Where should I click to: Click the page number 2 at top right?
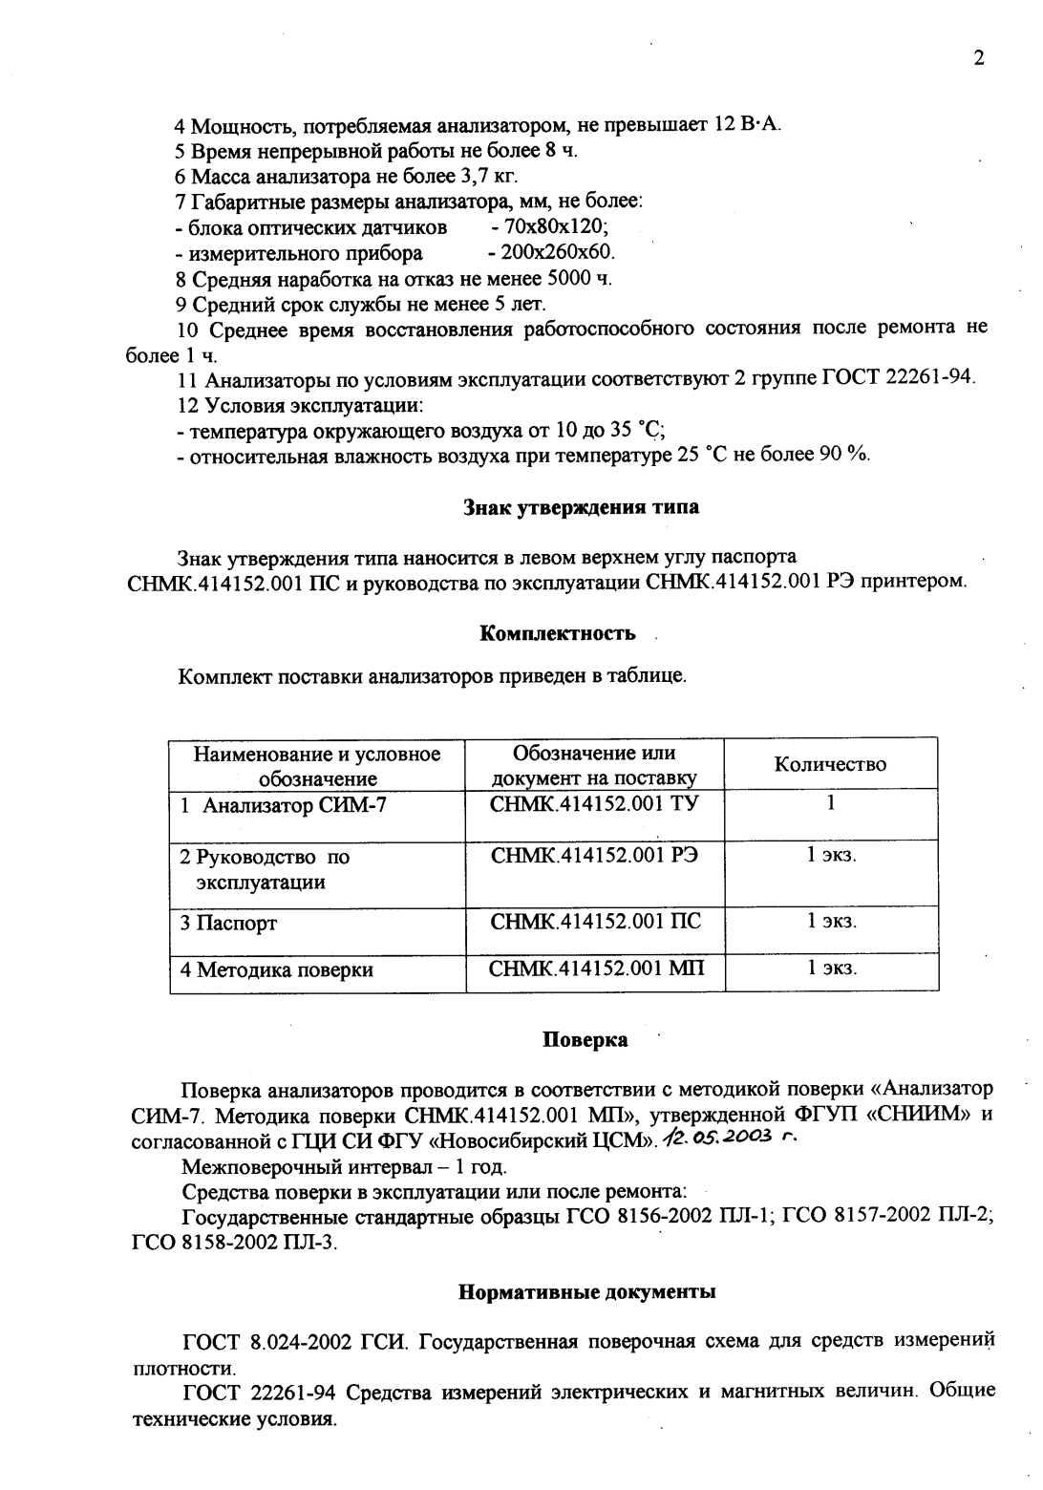978,58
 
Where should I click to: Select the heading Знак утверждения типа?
581,507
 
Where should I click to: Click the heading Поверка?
585,1040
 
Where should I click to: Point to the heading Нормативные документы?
586,1292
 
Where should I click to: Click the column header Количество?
830,764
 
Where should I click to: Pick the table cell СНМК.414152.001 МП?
596,969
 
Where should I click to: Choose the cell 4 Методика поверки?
277,970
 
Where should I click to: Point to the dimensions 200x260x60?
551,253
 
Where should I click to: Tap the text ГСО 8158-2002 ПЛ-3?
233,1243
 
